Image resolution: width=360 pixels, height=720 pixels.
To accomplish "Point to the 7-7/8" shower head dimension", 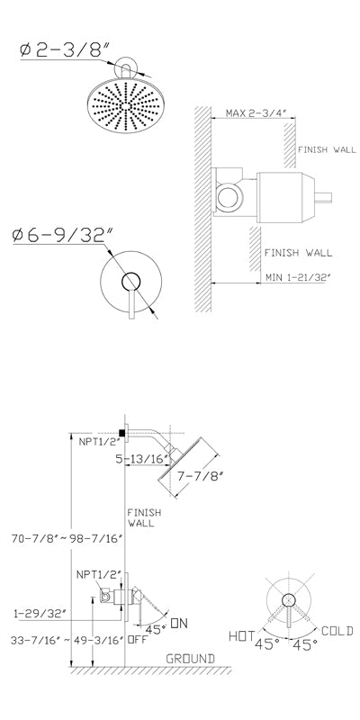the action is pos(200,476).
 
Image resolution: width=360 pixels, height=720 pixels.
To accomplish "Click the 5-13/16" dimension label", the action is pos(142,459).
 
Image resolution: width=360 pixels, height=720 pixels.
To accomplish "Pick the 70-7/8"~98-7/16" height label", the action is pos(67,537).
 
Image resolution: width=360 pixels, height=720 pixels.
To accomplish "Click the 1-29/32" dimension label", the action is pos(40,613).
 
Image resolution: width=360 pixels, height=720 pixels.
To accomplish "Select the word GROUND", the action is pos(190,659).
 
